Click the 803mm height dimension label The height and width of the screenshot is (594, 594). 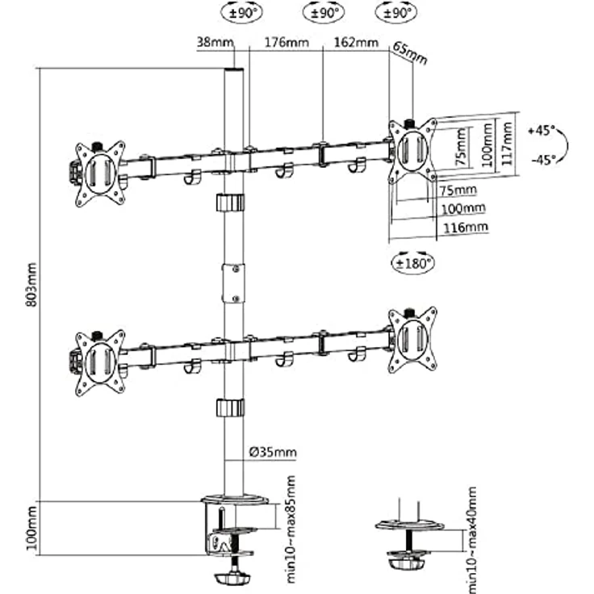pos(31,285)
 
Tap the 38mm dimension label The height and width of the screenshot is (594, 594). pos(215,42)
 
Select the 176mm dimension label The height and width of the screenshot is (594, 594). pos(287,42)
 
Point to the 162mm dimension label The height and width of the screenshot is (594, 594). pos(356,42)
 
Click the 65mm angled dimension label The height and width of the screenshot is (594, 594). pos(410,52)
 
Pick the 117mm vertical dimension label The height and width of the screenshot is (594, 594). pos(507,143)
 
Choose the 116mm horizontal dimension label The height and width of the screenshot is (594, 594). pos(466,228)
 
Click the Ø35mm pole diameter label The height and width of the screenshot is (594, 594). pos(273,452)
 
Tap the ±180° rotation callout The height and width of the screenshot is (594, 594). pos(412,263)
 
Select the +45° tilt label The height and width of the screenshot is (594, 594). pos(542,131)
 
